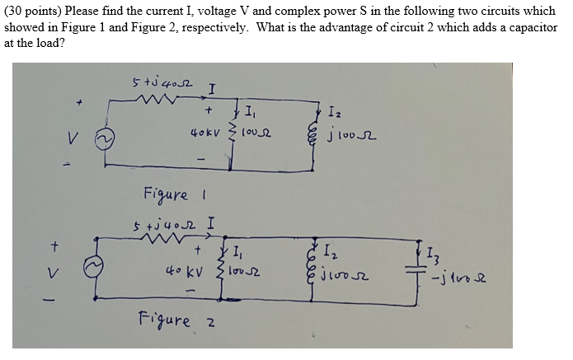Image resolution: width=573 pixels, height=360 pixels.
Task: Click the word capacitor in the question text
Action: tap(533, 26)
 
